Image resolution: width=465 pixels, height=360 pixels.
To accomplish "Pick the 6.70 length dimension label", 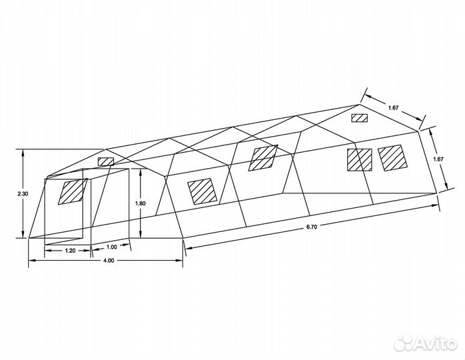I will tap(311, 227).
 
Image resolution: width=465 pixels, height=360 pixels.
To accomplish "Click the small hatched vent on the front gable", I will tap(105, 162).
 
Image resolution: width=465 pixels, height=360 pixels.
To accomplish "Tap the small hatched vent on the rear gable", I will tap(360, 118).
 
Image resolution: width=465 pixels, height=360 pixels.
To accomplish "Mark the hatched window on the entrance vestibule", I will tap(72, 192).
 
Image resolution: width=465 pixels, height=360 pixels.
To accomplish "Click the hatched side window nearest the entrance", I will tap(202, 191).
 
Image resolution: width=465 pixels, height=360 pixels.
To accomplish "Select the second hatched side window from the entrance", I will tap(264, 157).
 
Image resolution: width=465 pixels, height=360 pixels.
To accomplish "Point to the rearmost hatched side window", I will tap(390, 157).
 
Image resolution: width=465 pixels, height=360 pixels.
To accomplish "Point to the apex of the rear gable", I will tap(361, 105).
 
